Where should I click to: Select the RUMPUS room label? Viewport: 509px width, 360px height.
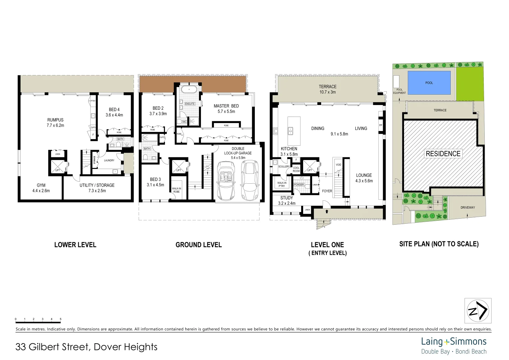pos(55,120)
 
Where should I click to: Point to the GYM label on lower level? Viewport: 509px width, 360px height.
pos(41,185)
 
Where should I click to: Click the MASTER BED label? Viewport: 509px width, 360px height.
pos(226,106)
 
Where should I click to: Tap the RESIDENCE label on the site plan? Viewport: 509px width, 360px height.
pos(443,154)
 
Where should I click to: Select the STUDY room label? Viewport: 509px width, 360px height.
pos(286,198)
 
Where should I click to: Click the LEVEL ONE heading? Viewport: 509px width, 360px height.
pos(327,245)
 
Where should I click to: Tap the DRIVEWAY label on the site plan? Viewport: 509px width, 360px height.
pos(467,208)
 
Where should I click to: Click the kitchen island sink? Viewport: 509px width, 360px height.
pos(290,131)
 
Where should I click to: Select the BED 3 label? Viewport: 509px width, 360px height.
pos(155,179)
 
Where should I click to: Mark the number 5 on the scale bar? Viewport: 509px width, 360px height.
pos(61,319)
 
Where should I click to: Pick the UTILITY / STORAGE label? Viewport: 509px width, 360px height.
pos(97,185)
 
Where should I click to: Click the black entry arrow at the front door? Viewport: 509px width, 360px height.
pos(326,211)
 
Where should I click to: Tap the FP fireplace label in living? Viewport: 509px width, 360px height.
pos(380,125)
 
